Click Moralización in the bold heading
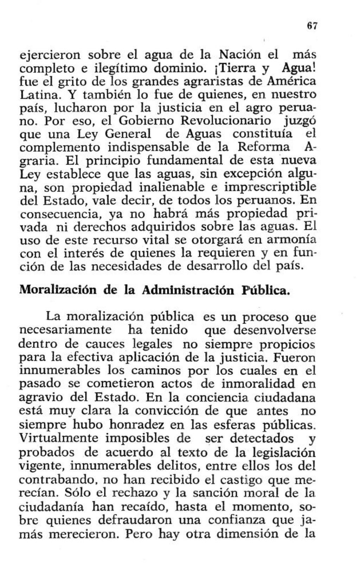coord(58,291)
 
